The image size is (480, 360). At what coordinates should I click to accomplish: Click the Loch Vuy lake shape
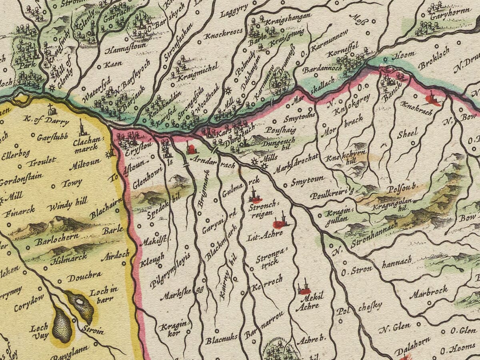pos(62,324)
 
